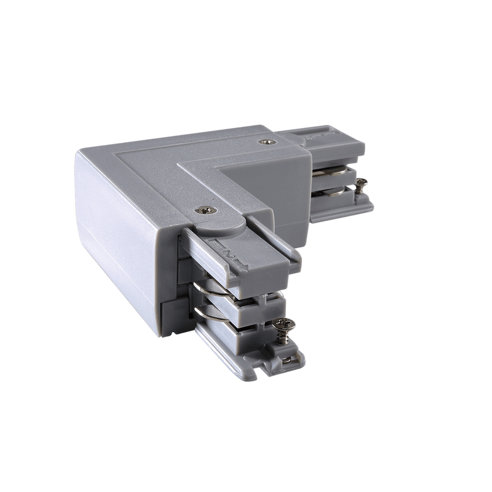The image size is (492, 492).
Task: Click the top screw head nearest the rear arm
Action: pyautogui.click(x=266, y=142)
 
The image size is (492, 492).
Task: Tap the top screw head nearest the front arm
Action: pyautogui.click(x=205, y=210)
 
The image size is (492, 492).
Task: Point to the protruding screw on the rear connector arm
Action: pyautogui.click(x=360, y=183)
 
